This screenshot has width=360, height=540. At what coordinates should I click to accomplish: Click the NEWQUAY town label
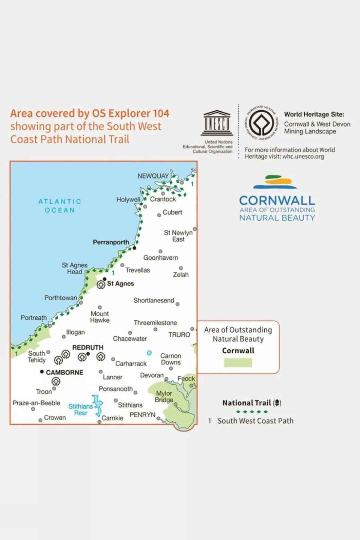[x=153, y=176]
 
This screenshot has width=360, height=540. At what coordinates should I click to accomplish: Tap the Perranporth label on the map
[x=111, y=242]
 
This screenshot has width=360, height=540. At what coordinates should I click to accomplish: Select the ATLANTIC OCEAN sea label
[x=60, y=206]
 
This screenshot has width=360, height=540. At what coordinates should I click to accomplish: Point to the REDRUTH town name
[x=87, y=347]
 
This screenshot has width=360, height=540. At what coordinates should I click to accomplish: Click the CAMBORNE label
[x=65, y=372]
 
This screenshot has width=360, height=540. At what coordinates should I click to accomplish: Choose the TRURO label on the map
[x=179, y=335]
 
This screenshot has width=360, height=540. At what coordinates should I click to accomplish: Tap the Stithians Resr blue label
[x=81, y=409]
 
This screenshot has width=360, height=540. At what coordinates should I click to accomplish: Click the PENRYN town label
[x=142, y=415]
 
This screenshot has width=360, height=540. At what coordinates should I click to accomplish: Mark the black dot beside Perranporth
[x=134, y=248]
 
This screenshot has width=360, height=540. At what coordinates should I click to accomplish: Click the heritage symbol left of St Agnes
[x=101, y=285]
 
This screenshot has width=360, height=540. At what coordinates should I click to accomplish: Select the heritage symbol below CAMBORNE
[x=56, y=382]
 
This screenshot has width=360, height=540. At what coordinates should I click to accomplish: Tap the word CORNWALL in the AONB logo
[x=277, y=200]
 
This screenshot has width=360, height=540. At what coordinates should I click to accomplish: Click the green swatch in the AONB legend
[x=238, y=363]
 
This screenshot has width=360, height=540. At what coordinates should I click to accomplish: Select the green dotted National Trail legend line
[x=252, y=412]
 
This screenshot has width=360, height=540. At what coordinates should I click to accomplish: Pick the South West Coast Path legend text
[x=255, y=421]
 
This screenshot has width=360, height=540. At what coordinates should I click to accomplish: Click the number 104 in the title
[x=161, y=113]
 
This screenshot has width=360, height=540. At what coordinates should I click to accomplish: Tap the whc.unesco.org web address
[x=303, y=156]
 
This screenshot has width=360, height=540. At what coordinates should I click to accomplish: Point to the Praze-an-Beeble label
[x=36, y=403]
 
